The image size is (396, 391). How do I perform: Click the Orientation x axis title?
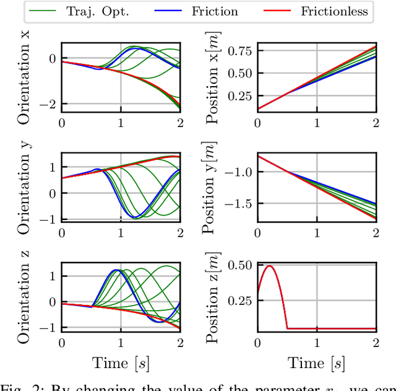click(x=25, y=76)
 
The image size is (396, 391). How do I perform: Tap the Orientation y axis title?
click(x=25, y=190)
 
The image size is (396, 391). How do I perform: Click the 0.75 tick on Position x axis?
click(x=238, y=51)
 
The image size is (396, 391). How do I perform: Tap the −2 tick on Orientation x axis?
click(x=45, y=104)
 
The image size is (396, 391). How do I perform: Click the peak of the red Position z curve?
click(x=269, y=266)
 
